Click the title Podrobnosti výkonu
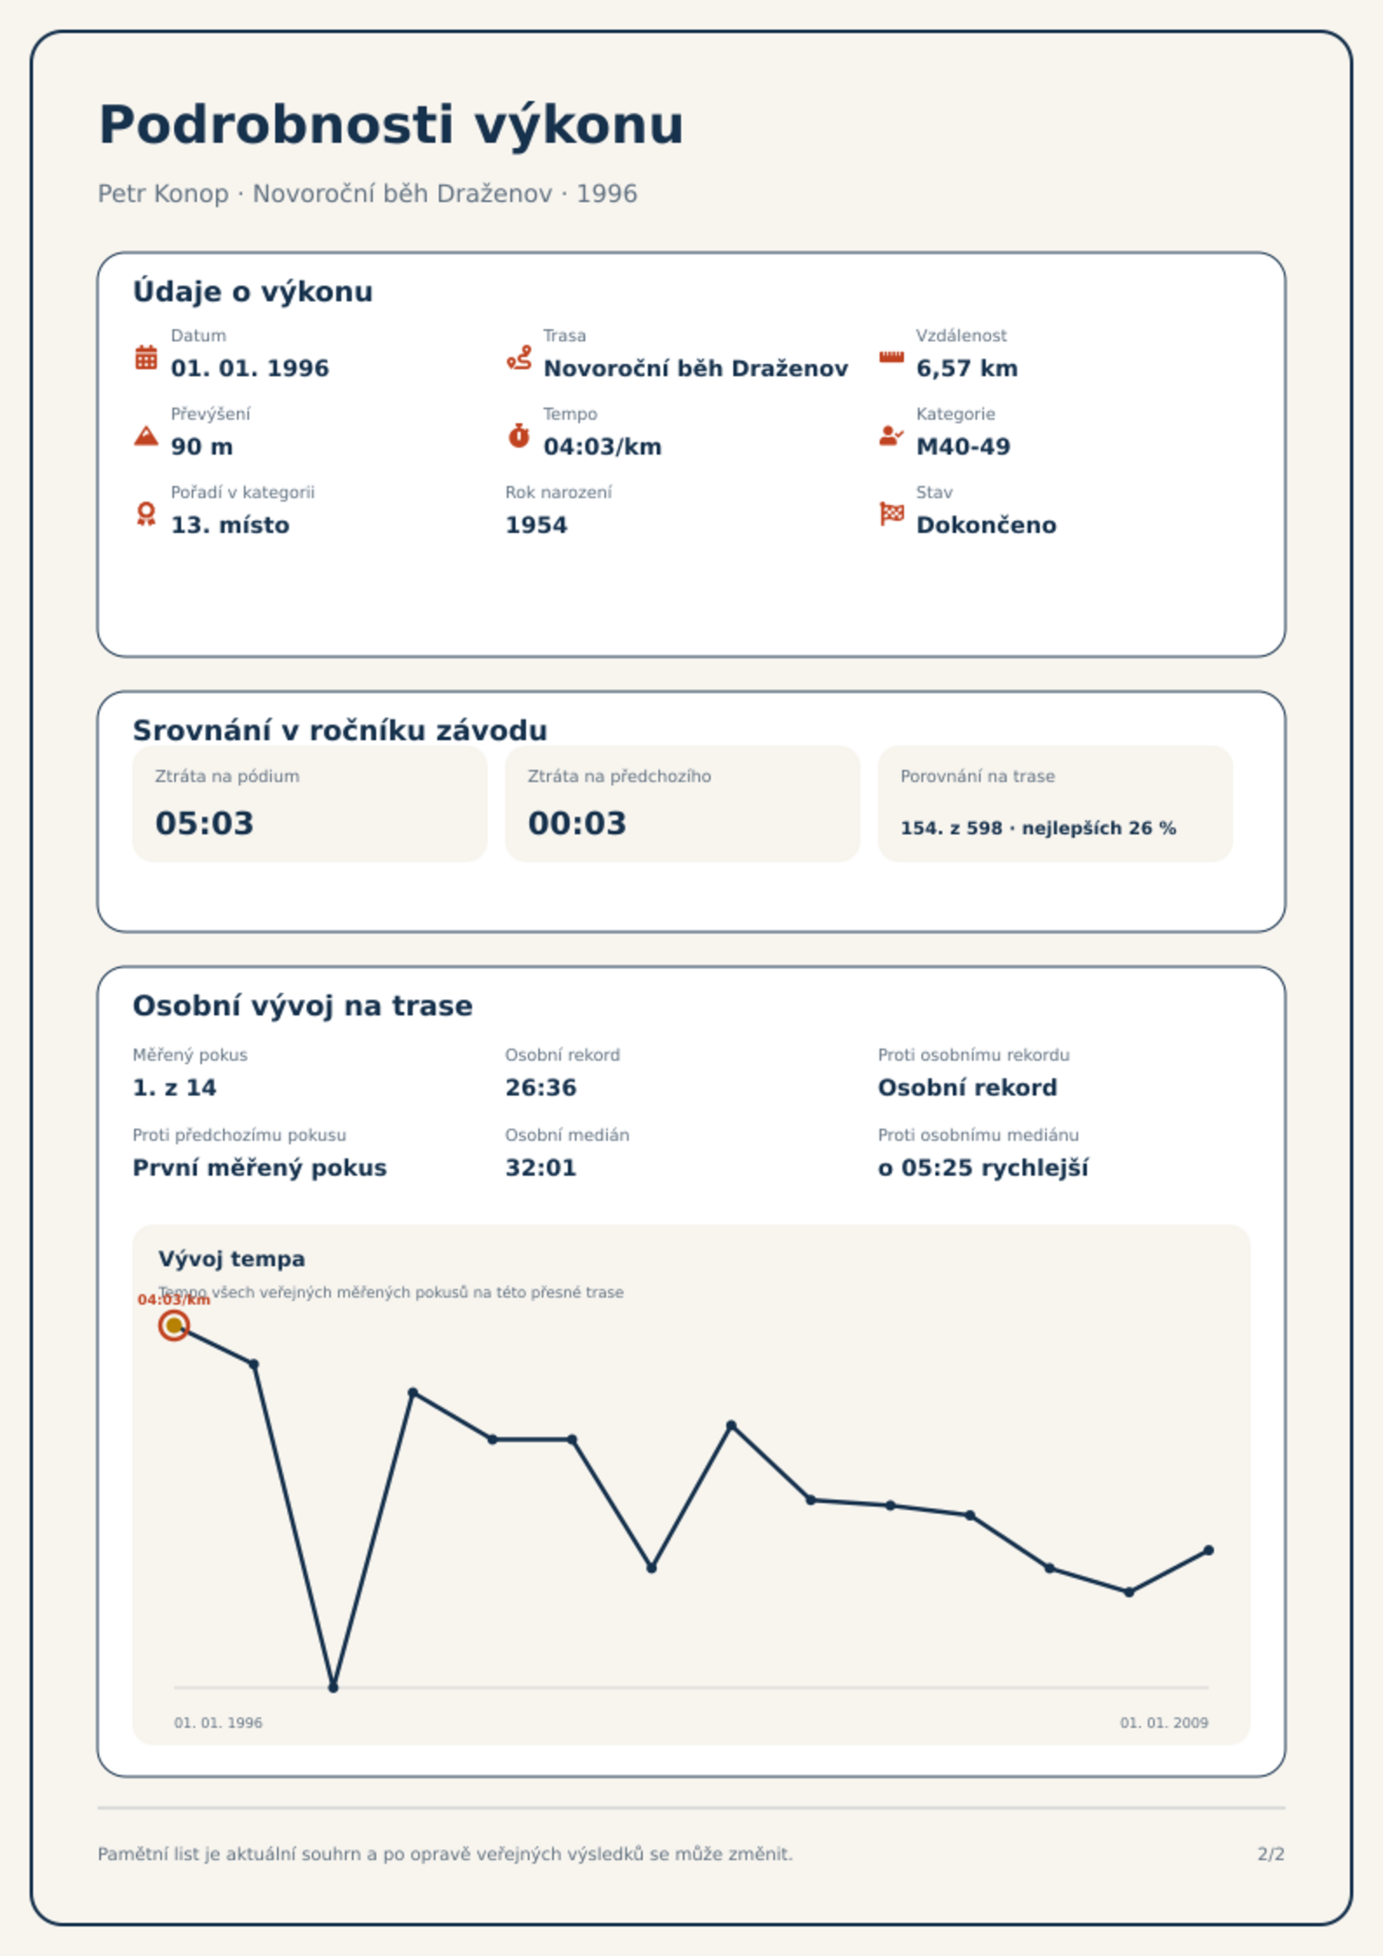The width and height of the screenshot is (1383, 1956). pyautogui.click(x=391, y=125)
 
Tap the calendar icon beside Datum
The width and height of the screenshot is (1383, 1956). pyautogui.click(x=146, y=357)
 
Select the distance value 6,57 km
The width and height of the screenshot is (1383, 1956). pyautogui.click(x=967, y=368)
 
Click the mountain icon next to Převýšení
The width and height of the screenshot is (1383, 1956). pyautogui.click(x=146, y=435)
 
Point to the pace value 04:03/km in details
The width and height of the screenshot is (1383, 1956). pyautogui.click(x=603, y=447)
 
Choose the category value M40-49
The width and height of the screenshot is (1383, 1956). pyautogui.click(x=963, y=447)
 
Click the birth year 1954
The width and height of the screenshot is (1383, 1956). pyautogui.click(x=536, y=525)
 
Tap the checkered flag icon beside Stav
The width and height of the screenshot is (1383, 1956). pyautogui.click(x=892, y=514)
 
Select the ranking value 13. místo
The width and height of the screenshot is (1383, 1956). pyautogui.click(x=230, y=525)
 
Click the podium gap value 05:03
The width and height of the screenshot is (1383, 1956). pyautogui.click(x=205, y=823)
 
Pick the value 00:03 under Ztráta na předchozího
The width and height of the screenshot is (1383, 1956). pyautogui.click(x=577, y=823)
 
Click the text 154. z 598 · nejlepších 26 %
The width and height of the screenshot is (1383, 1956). pyautogui.click(x=1038, y=828)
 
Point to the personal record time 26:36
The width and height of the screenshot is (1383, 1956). pyautogui.click(x=541, y=1088)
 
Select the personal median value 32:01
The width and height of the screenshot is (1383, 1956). pyautogui.click(x=541, y=1168)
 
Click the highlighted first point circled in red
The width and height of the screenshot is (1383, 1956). pyautogui.click(x=174, y=1325)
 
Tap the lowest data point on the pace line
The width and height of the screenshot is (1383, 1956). pyautogui.click(x=334, y=1688)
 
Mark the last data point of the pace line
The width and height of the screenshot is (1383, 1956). pyautogui.click(x=1209, y=1550)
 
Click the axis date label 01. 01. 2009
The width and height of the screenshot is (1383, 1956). pyautogui.click(x=1164, y=1723)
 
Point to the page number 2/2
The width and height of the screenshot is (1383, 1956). pyautogui.click(x=1271, y=1854)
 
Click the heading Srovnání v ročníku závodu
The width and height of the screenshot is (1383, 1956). pyautogui.click(x=340, y=731)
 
